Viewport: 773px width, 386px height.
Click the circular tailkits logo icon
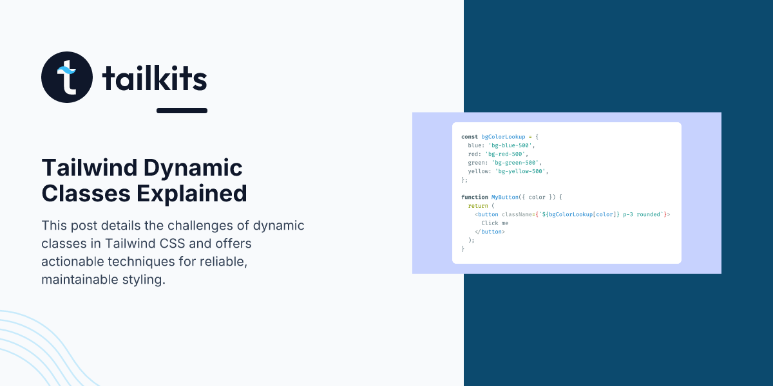(67, 77)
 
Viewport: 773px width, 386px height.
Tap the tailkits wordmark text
(155, 78)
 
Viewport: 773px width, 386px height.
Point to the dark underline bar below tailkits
(182, 111)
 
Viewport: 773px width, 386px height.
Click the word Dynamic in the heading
(193, 169)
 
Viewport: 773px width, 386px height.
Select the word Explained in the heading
(192, 194)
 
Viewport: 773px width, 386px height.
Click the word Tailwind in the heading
(90, 167)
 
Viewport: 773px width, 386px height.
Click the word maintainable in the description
(80, 279)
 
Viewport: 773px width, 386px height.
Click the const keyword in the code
(470, 137)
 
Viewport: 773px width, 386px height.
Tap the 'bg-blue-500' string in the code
(510, 145)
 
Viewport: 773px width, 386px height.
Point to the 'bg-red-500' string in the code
(505, 154)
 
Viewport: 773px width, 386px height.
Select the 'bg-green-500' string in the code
(515, 163)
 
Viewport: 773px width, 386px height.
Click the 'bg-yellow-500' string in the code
(520, 171)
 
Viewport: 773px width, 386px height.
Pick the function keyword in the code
(475, 197)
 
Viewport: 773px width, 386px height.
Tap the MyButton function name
(505, 197)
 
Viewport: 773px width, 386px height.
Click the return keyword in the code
(478, 206)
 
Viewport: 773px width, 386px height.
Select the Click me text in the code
(495, 223)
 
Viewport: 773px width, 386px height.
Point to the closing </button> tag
(490, 232)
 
